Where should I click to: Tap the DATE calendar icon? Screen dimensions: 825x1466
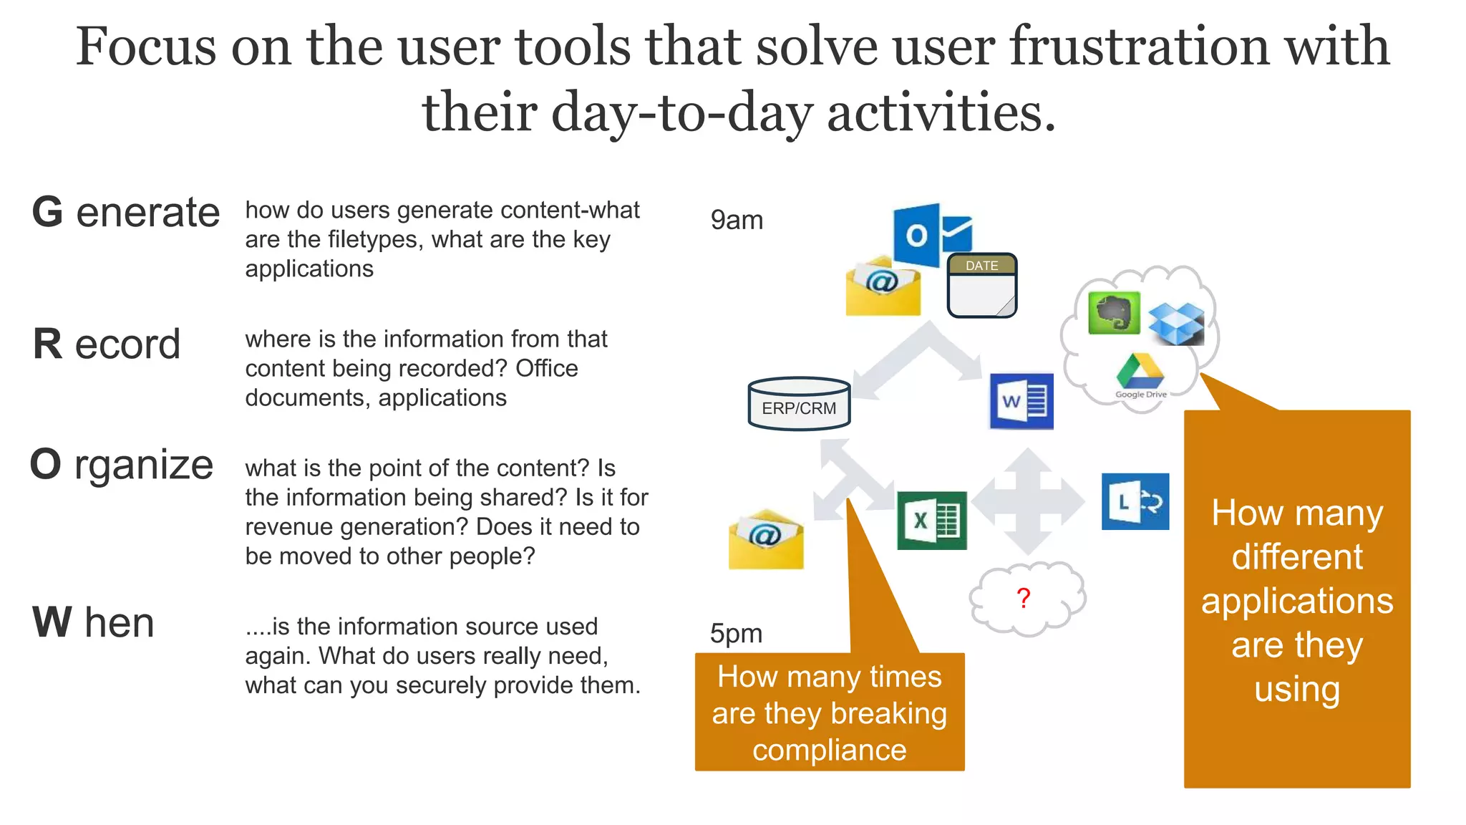(981, 285)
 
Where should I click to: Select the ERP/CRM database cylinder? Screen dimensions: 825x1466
(799, 404)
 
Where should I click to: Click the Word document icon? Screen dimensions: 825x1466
(1021, 401)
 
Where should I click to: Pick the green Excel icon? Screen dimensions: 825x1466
(931, 521)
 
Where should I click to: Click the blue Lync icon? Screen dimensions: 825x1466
(1135, 501)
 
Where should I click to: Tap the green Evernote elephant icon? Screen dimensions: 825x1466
(1114, 313)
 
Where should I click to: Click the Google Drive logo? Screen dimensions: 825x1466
(1140, 373)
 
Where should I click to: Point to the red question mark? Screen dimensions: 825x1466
(1024, 598)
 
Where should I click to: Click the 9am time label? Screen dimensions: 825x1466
(737, 220)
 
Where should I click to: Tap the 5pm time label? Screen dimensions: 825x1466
(736, 633)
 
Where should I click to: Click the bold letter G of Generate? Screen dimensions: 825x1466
(48, 213)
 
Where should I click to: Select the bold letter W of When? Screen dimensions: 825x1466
(52, 622)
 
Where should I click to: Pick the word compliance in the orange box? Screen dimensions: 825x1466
(829, 750)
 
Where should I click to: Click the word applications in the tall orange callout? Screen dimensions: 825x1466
(1296, 601)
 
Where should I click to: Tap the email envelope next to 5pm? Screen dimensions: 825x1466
(766, 540)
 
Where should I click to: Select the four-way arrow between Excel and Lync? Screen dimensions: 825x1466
(1028, 501)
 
